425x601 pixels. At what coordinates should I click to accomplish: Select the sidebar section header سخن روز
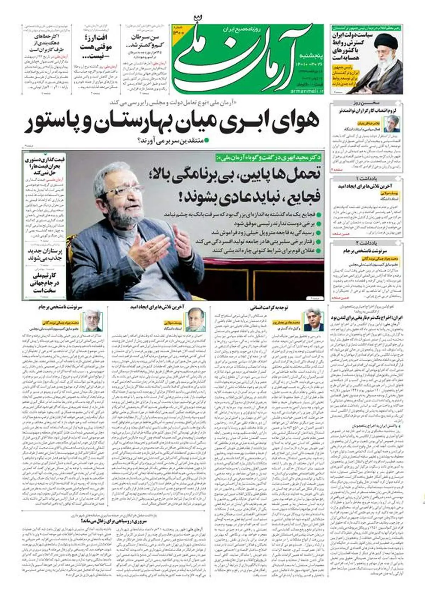[367, 103]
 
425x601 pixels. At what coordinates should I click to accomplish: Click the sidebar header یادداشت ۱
[367, 178]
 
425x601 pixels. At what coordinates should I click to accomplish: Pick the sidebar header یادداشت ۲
[367, 243]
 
